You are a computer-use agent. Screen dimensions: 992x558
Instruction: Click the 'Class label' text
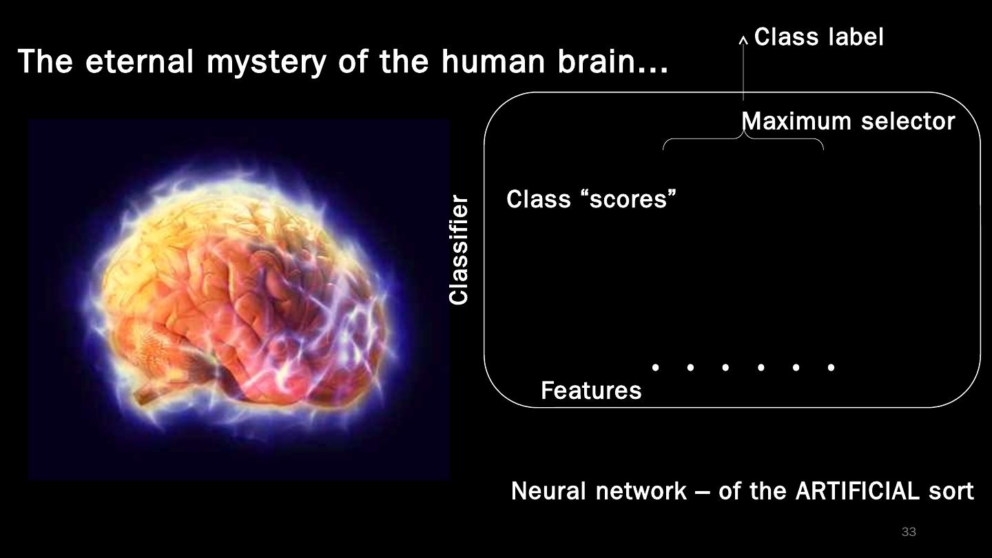click(x=818, y=37)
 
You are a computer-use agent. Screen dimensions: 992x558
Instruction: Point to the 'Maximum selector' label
click(x=848, y=122)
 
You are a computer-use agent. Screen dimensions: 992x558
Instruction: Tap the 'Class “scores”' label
click(x=591, y=200)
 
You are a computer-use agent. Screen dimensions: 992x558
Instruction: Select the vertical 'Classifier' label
click(x=459, y=250)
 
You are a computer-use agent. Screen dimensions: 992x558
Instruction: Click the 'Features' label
click(x=591, y=391)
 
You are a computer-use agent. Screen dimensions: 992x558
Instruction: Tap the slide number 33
click(x=909, y=532)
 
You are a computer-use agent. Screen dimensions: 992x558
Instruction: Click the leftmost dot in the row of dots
click(x=655, y=367)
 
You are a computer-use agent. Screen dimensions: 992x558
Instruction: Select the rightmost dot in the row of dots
click(x=831, y=367)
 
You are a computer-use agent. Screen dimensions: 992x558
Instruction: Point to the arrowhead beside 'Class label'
click(x=743, y=40)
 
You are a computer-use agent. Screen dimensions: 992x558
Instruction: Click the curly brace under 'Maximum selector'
click(x=743, y=140)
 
